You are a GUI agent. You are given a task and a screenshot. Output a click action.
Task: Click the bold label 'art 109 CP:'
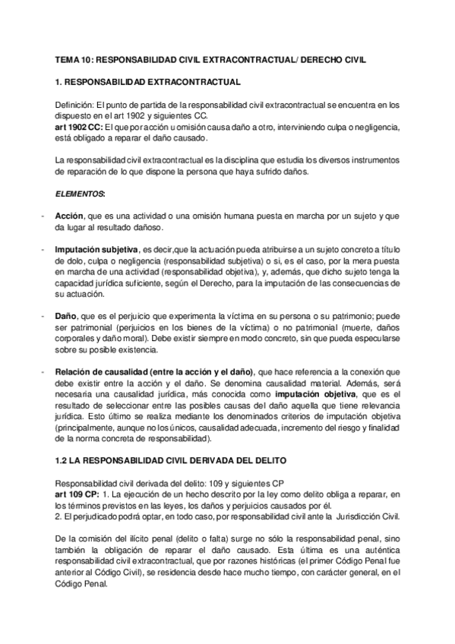click(x=76, y=495)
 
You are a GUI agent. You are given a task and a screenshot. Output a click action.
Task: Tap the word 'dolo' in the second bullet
click(x=63, y=261)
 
